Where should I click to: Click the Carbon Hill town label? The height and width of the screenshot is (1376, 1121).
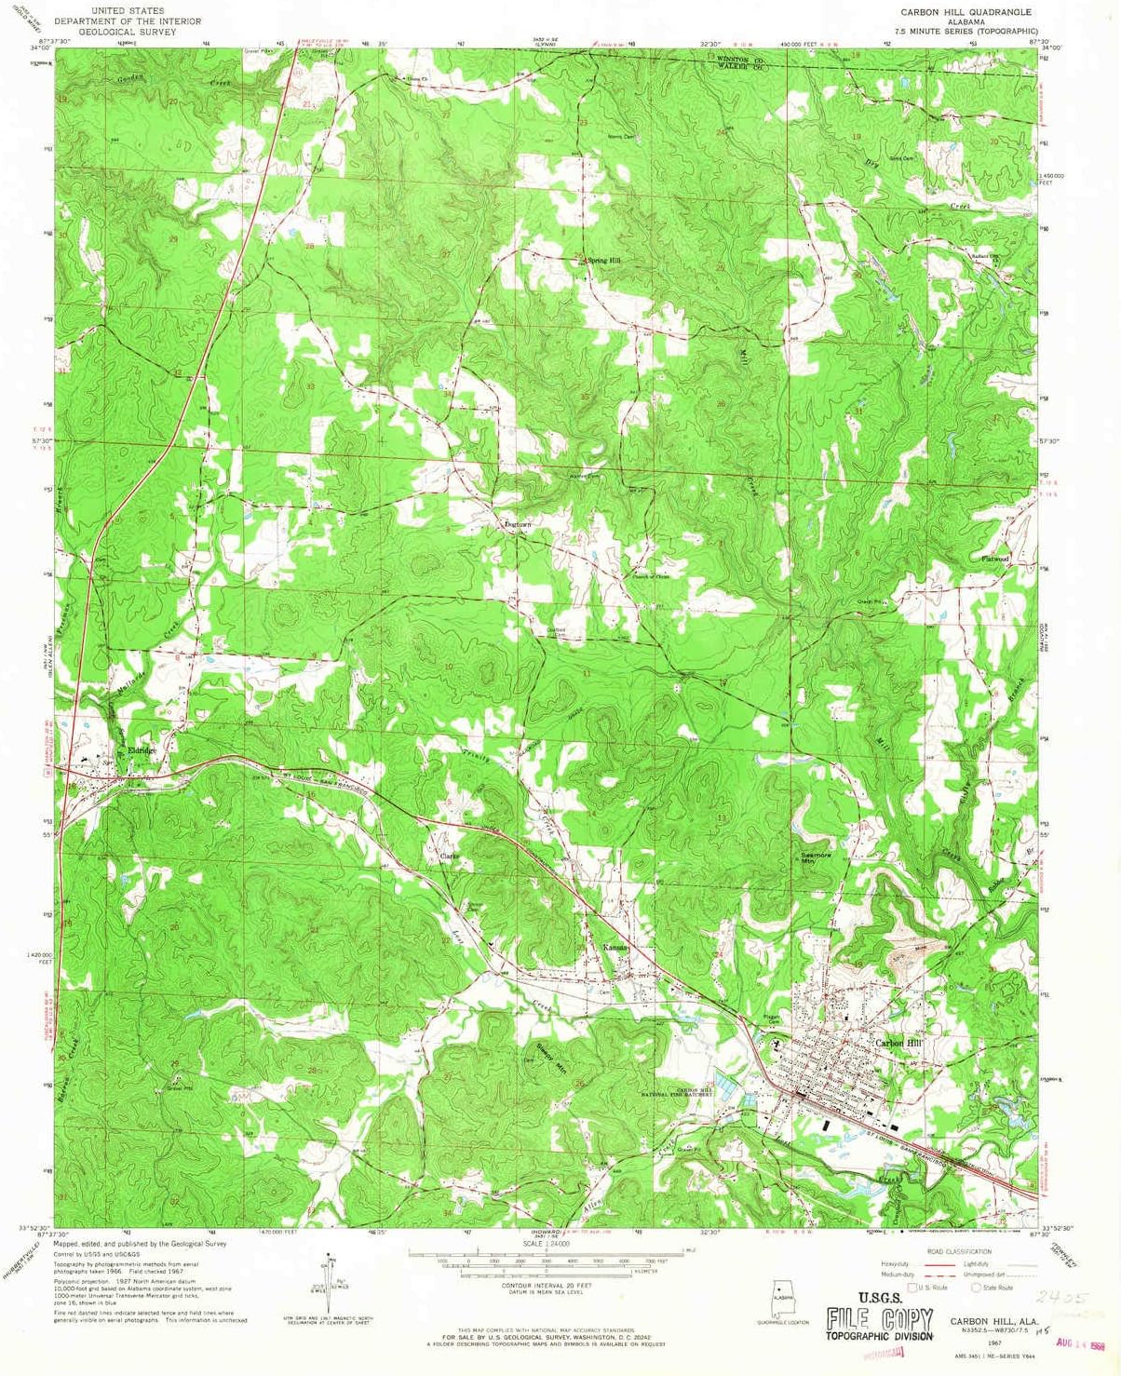tap(898, 1043)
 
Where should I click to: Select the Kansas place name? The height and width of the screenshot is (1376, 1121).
tap(615, 947)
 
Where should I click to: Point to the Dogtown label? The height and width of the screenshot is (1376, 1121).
tap(518, 525)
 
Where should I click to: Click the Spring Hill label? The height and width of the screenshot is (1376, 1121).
tap(602, 261)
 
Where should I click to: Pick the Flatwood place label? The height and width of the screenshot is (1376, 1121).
tap(994, 559)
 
